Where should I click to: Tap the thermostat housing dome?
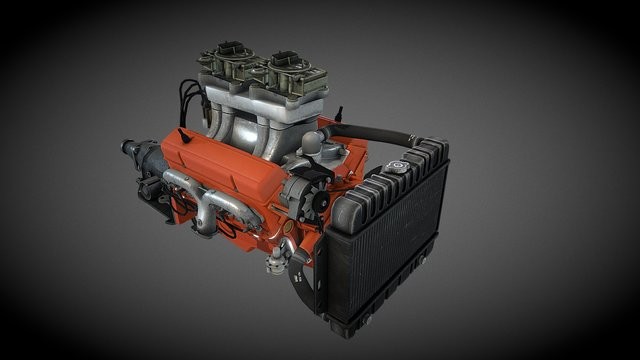(x=312, y=140)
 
